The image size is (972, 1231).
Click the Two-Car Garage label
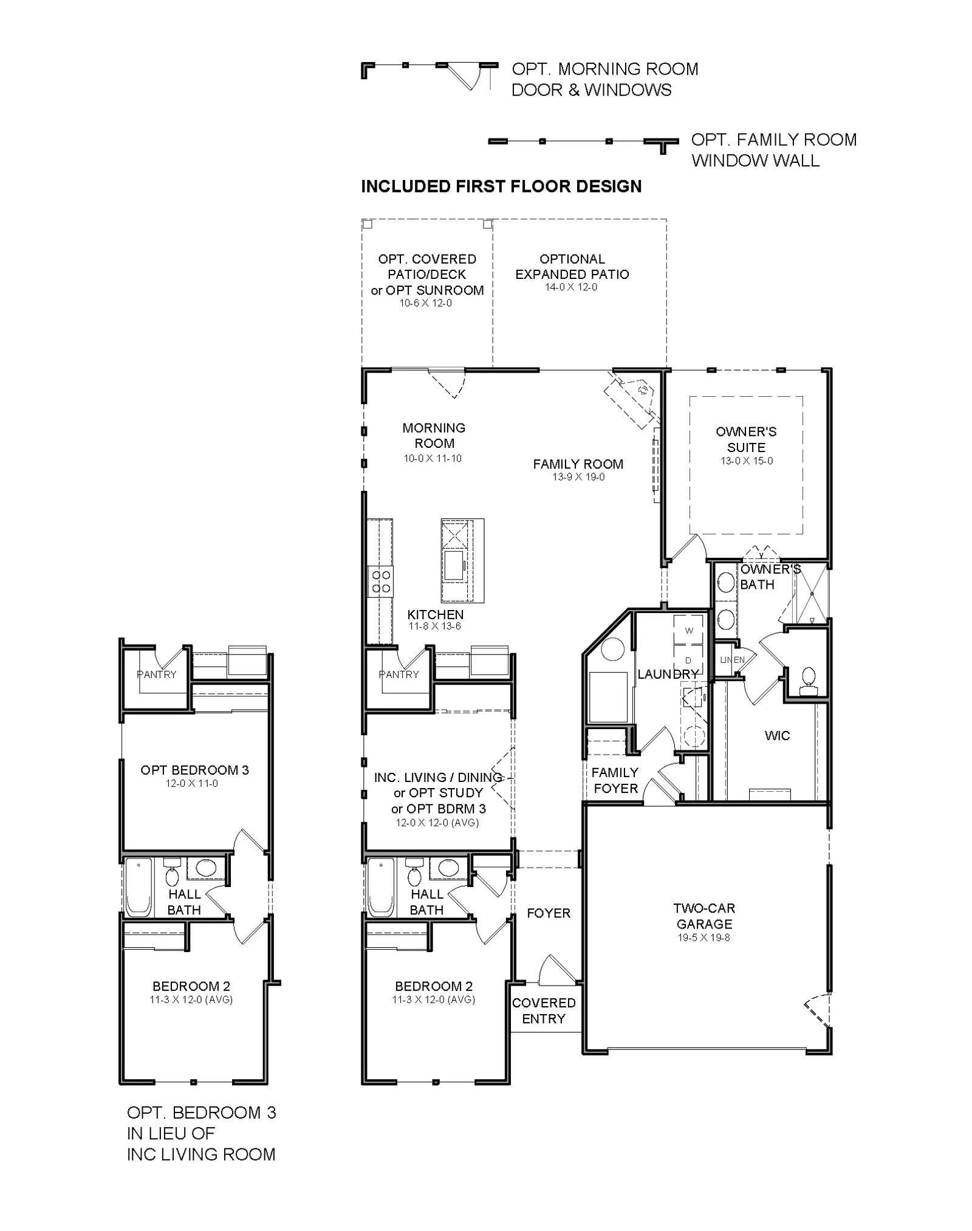(x=704, y=916)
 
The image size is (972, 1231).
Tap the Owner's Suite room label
(x=746, y=439)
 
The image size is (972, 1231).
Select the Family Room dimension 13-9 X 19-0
(x=578, y=478)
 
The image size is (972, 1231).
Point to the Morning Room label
(x=434, y=436)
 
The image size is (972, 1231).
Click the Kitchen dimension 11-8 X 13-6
(x=434, y=626)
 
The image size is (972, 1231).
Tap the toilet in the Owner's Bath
(x=809, y=682)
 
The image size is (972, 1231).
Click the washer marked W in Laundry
(x=688, y=631)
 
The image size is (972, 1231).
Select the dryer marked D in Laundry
(x=688, y=660)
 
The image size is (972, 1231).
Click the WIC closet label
(x=777, y=736)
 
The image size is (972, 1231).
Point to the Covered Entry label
(x=544, y=1010)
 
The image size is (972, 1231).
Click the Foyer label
(x=549, y=913)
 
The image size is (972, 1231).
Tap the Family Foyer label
(x=615, y=780)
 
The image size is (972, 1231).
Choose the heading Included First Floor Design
(x=501, y=187)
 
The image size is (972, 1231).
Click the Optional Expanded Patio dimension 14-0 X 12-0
(x=571, y=287)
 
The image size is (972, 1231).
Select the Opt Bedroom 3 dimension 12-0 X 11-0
(x=192, y=784)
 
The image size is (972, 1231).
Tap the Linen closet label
(x=732, y=660)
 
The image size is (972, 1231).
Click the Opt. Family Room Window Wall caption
(x=774, y=150)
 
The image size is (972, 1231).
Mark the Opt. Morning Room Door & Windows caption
(x=605, y=79)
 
